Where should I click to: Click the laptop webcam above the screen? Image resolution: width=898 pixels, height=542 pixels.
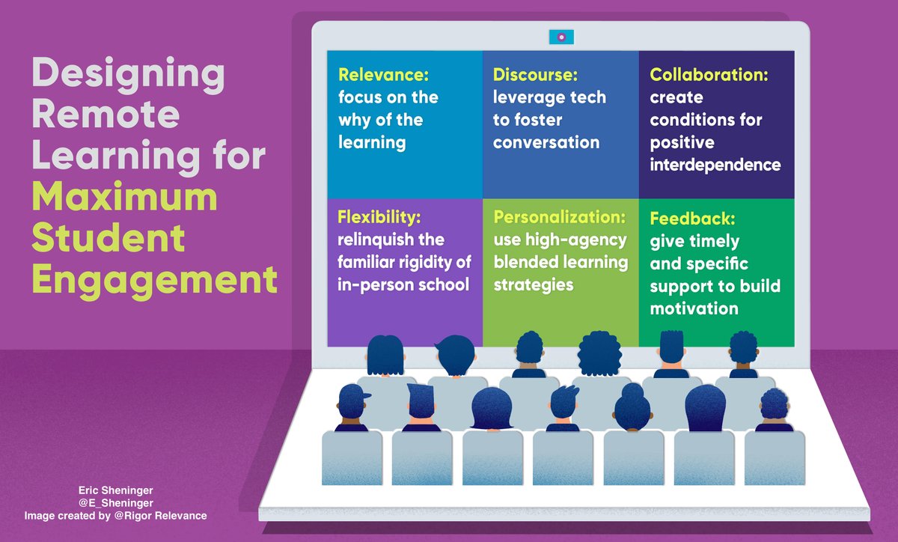(x=561, y=35)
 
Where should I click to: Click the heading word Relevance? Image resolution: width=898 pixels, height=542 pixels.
(x=380, y=75)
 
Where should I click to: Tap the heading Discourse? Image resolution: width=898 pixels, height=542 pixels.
(x=534, y=75)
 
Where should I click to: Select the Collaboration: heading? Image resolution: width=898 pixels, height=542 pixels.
(x=709, y=75)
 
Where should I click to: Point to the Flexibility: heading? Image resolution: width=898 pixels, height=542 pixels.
(x=379, y=218)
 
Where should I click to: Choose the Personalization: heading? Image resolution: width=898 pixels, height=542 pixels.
(x=559, y=218)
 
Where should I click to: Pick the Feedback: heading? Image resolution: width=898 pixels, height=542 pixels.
(x=692, y=219)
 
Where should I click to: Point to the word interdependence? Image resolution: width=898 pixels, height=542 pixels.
(x=715, y=165)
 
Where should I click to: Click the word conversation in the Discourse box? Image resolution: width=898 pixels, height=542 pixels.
(x=546, y=142)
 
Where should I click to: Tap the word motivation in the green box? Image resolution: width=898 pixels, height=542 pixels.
(x=694, y=308)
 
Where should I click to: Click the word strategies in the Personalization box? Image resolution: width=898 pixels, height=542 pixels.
(x=534, y=285)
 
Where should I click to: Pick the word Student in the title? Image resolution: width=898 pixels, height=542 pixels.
(x=108, y=240)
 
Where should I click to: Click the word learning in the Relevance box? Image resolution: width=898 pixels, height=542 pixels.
(x=372, y=142)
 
